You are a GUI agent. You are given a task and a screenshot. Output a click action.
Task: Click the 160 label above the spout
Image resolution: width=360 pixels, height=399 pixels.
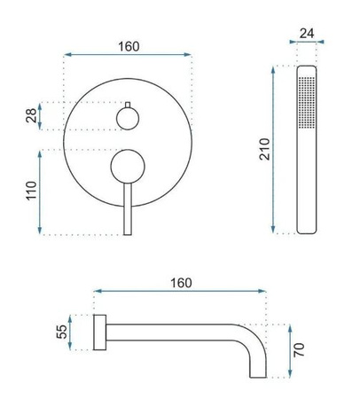click(x=181, y=283)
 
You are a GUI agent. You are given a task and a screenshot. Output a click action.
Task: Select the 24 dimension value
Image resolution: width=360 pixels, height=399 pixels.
click(x=306, y=35)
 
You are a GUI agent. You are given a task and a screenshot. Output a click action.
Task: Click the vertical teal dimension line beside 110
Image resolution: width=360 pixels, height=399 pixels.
click(x=41, y=191)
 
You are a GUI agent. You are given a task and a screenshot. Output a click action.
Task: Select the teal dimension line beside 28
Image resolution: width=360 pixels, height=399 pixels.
click(x=41, y=115)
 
